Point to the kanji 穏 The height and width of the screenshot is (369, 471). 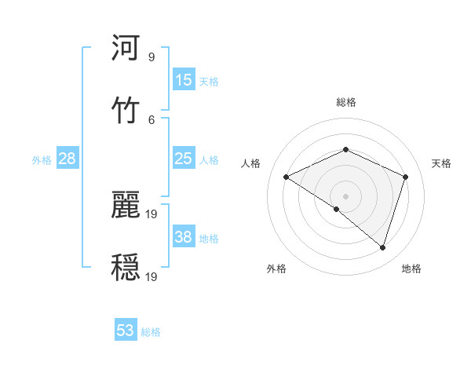pos(126,266)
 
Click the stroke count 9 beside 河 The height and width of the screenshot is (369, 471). pos(151,57)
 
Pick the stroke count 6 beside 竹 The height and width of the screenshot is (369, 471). pos(151,119)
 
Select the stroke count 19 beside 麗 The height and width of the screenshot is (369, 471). pos(152,214)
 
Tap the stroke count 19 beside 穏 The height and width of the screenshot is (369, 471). pos(152,276)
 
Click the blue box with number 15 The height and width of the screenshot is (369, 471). pos(184,80)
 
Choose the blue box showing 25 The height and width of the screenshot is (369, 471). pos(184,159)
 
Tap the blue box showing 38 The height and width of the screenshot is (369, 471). pos(184,237)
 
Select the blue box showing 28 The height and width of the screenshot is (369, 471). pos(68,159)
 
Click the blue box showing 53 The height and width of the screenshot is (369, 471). pos(126,331)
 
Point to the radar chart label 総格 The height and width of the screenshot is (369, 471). pos(346,102)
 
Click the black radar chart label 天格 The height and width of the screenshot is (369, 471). pos(442,163)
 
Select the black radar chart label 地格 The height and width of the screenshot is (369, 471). pos(411,269)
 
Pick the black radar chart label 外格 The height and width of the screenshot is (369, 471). pos(276,269)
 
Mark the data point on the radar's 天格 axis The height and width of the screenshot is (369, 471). pos(406,177)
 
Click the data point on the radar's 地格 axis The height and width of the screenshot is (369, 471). pos(382,247)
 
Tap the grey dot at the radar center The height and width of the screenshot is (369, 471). pos(345,195)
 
